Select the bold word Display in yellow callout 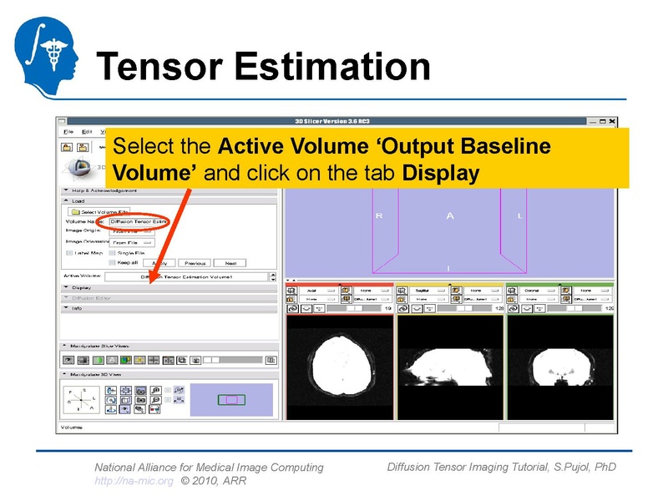[440, 174]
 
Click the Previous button [195, 262]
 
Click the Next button [230, 262]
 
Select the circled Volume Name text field [139, 221]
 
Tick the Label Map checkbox [69, 252]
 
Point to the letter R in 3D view [378, 216]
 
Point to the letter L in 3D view [520, 216]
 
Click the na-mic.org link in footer [134, 481]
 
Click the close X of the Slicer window [612, 121]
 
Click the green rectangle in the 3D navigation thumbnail [231, 400]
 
